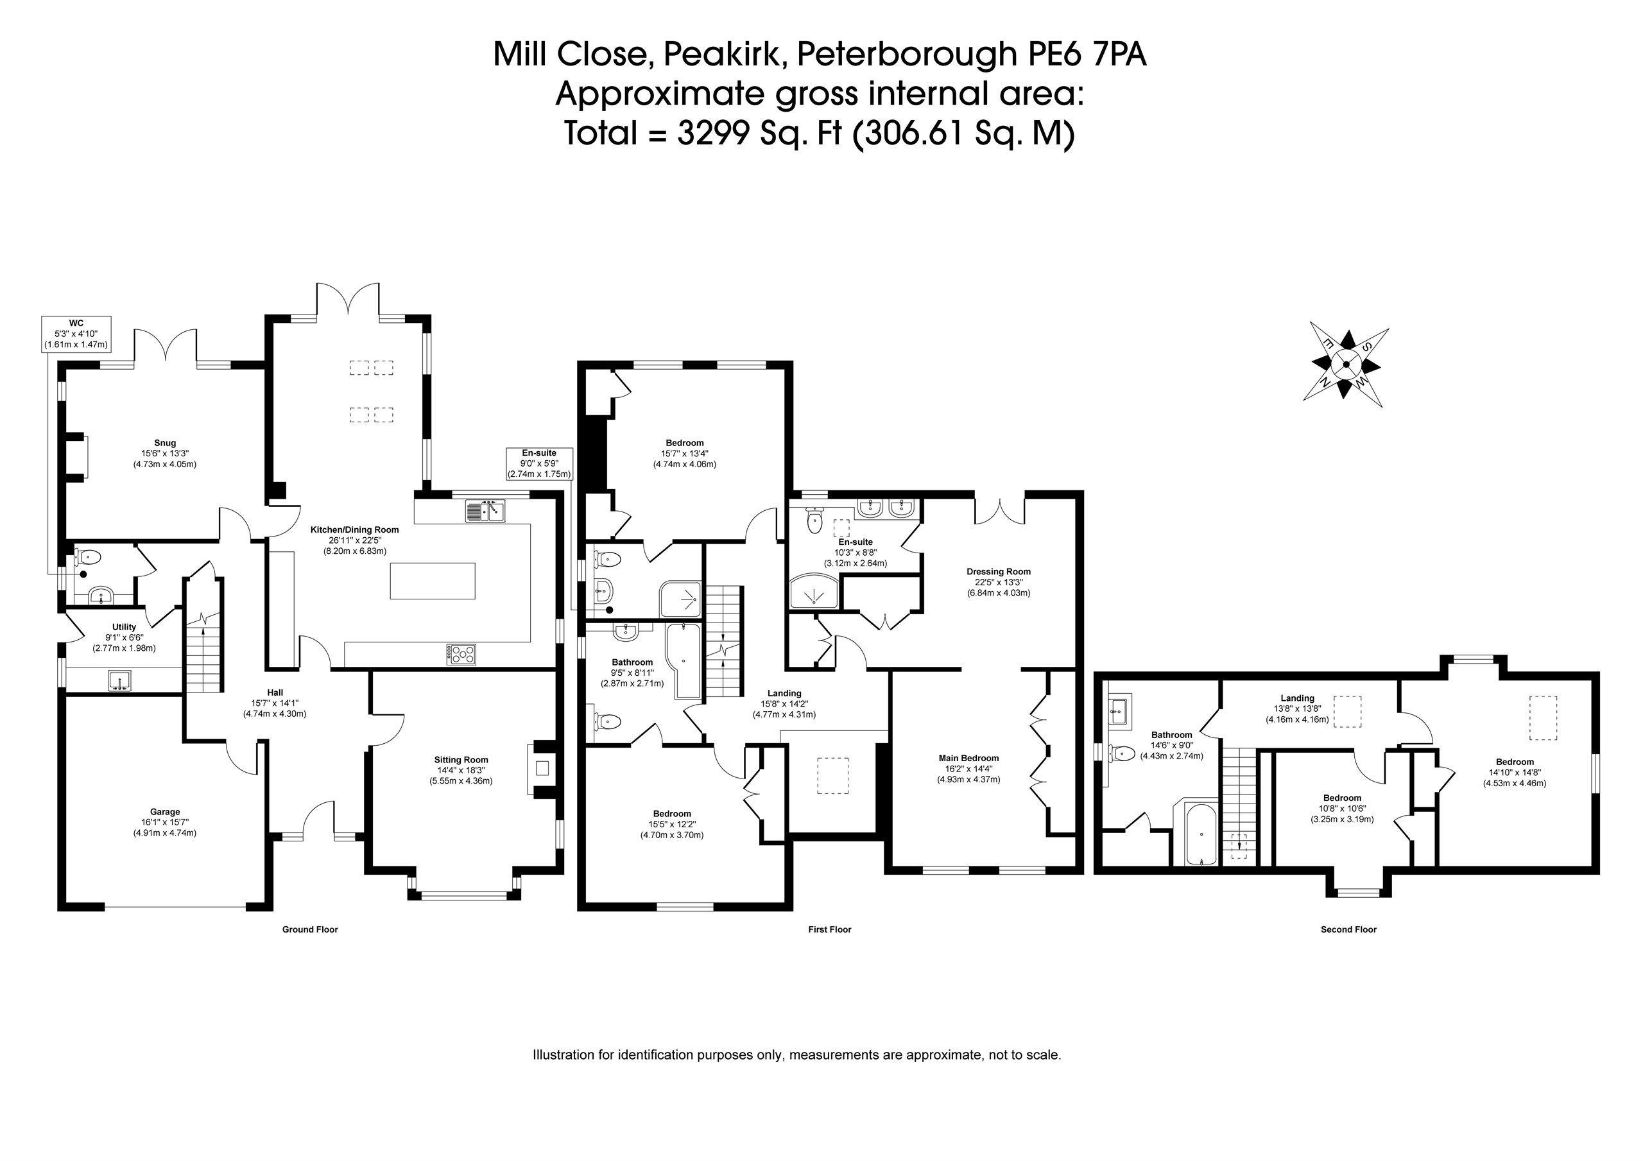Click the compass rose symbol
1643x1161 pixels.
1346,365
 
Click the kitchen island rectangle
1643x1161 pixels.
432,580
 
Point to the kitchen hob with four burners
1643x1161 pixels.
461,653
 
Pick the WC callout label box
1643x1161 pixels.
76,334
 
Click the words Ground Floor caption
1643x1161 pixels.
310,930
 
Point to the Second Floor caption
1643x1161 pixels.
1348,930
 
